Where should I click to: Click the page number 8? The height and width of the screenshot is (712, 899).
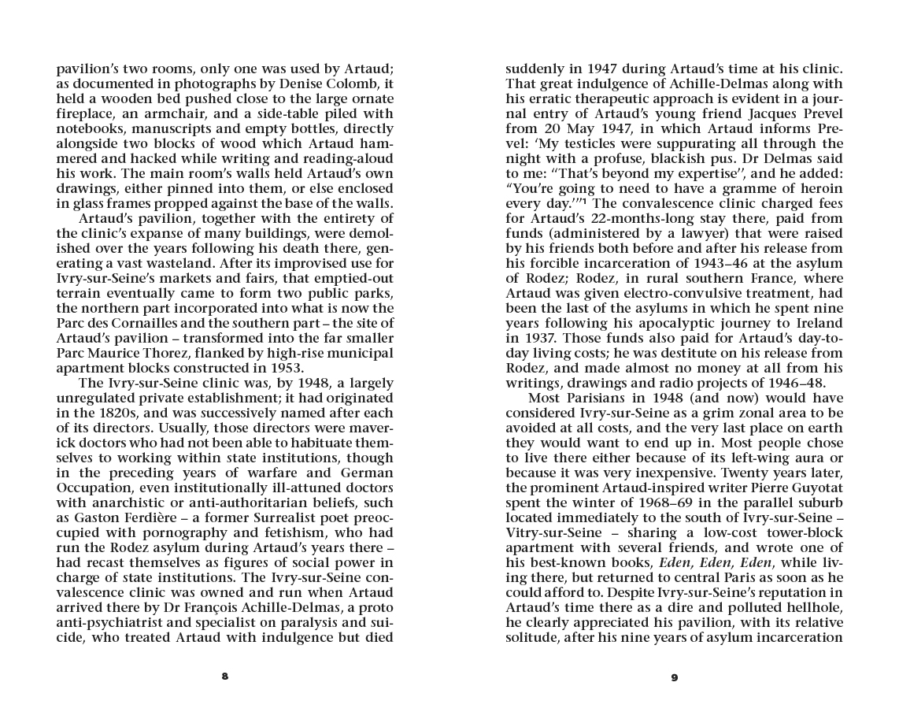click(225, 677)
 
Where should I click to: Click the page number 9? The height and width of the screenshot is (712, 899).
click(674, 677)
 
